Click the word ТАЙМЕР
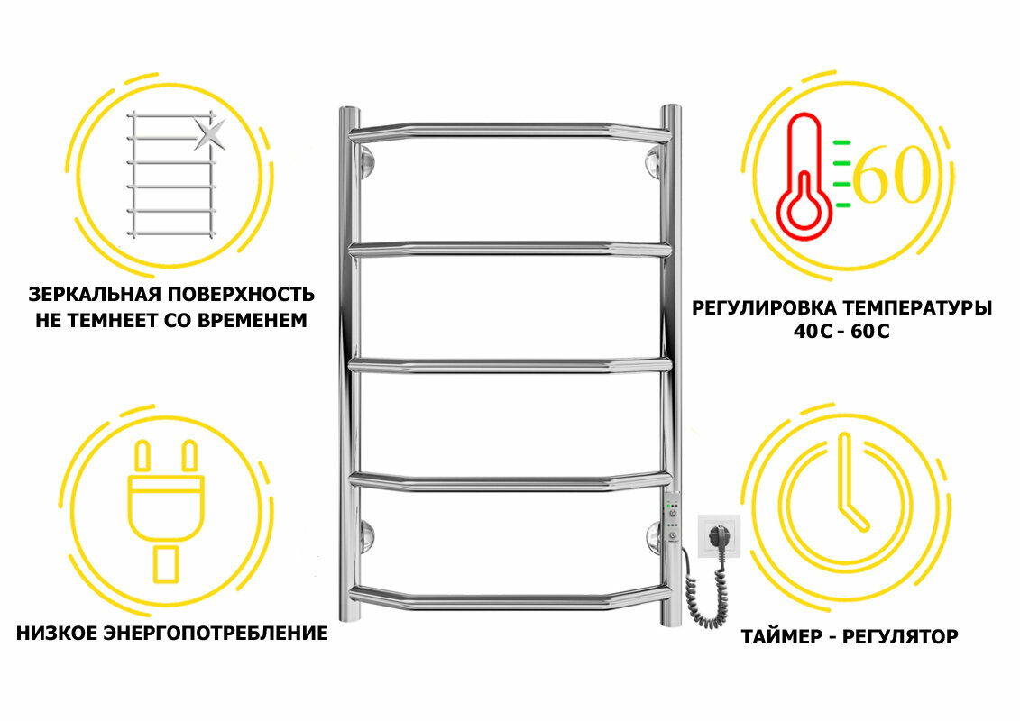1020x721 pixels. click(x=777, y=637)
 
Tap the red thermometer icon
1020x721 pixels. click(x=804, y=180)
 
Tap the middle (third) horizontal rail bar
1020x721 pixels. click(x=510, y=364)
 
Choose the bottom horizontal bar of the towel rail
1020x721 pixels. click(x=510, y=595)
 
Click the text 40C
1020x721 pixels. click(x=808, y=331)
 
